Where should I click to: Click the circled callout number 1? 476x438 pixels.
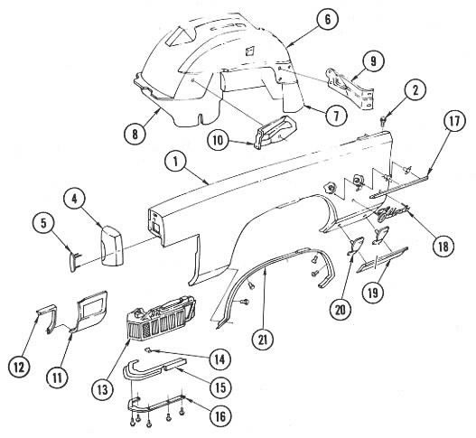(176, 162)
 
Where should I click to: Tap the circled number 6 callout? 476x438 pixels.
(328, 19)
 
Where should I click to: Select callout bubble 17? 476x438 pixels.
(454, 121)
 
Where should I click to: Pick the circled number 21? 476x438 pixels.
(263, 340)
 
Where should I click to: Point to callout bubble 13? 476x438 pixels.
(103, 390)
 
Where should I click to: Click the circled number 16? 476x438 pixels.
(220, 416)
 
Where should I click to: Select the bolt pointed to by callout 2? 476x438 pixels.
(383, 120)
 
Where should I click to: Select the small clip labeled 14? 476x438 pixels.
(148, 350)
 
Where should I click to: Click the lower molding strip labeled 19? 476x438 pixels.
(382, 258)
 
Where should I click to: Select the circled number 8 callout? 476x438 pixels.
(135, 134)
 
